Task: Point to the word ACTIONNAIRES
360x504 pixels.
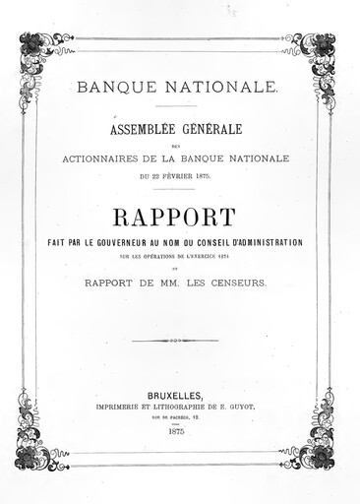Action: coord(114,157)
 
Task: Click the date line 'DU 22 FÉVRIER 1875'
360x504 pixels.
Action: coord(179,175)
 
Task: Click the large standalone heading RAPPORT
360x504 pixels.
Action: coord(180,218)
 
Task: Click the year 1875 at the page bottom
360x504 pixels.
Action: coord(179,431)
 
